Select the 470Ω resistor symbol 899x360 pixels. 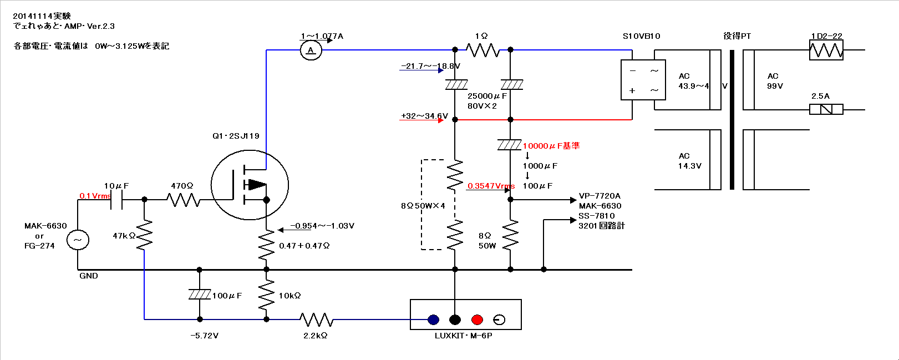(183, 200)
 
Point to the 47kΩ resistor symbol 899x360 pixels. (144, 235)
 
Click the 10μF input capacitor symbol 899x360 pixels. (116, 200)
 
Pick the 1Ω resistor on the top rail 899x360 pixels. (482, 50)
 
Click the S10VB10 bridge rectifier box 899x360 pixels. (643, 80)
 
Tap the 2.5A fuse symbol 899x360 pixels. (826, 109)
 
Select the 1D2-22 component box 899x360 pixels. (826, 50)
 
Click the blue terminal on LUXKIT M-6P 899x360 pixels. (433, 320)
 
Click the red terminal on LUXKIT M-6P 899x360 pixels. (477, 320)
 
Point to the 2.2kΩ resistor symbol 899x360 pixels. (316, 320)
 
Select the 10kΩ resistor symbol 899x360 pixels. (266, 295)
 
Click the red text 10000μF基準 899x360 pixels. (551, 146)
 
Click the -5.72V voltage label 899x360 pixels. (204, 336)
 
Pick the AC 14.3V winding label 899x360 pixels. (689, 161)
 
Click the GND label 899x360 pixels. (89, 276)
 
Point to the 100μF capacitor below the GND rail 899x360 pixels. (200, 295)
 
